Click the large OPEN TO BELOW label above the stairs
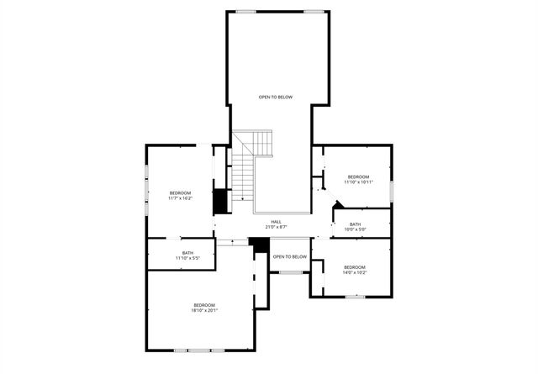coord(276,97)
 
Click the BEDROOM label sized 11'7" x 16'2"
coord(181,193)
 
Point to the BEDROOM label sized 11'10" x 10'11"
coord(359,176)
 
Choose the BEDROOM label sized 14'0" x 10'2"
coord(355,267)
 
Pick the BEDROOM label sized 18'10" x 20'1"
coord(205,305)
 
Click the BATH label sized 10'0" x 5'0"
coord(356,224)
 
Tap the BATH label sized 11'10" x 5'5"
coord(187,253)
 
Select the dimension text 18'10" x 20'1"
coord(205,311)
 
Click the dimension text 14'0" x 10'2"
coord(355,273)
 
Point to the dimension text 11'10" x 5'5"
coord(187,259)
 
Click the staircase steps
coord(243,176)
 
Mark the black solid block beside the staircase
coord(221,202)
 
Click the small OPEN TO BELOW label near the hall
coord(290,256)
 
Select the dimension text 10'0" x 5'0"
coord(356,229)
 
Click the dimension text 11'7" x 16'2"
coord(181,199)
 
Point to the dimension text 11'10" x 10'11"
coord(359,182)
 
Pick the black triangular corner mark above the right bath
coord(338,204)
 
